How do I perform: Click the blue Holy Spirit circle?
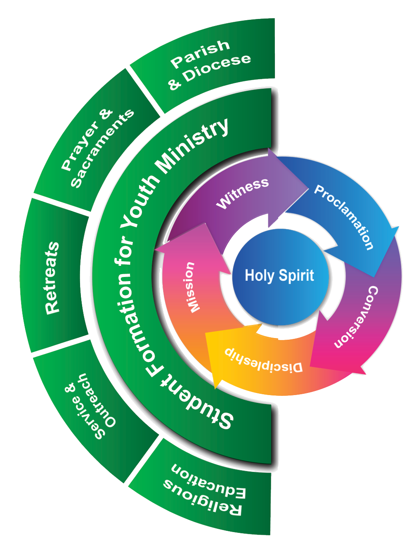pyautogui.click(x=280, y=276)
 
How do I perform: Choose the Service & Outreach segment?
pyautogui.click(x=89, y=407)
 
